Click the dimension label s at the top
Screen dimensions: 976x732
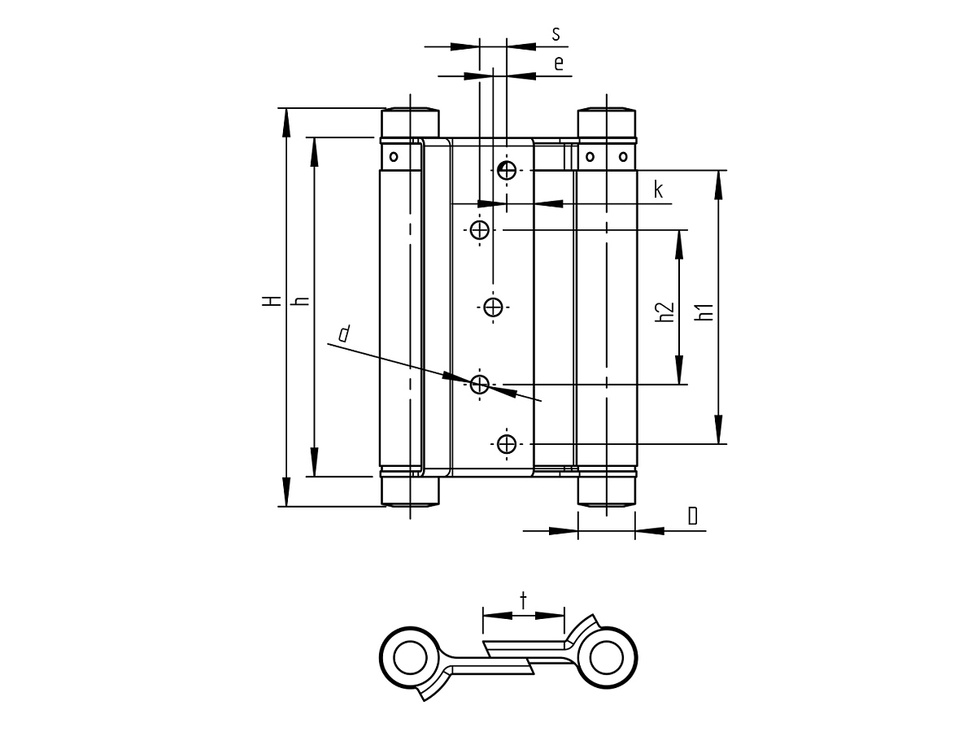tap(556, 34)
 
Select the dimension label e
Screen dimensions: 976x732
tap(559, 63)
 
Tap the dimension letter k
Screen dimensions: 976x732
tap(659, 190)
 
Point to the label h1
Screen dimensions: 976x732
tap(706, 312)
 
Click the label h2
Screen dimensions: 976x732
tap(665, 312)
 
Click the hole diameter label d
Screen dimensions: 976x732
tap(344, 333)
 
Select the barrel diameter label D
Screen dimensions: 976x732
tap(692, 516)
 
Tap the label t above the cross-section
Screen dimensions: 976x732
tap(523, 600)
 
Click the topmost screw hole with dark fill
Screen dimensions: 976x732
tap(507, 170)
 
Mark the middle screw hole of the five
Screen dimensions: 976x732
tap(493, 307)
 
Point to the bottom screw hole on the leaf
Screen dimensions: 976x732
tap(507, 444)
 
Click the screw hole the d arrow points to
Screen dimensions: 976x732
tap(480, 385)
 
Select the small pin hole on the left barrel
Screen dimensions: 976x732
tap(394, 156)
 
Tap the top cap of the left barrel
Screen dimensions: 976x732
tap(411, 123)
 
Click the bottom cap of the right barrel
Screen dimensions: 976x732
tap(607, 491)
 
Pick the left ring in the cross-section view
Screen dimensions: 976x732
tap(411, 658)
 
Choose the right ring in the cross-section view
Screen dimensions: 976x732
tap(607, 658)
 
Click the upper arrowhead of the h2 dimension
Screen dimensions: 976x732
tap(679, 245)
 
